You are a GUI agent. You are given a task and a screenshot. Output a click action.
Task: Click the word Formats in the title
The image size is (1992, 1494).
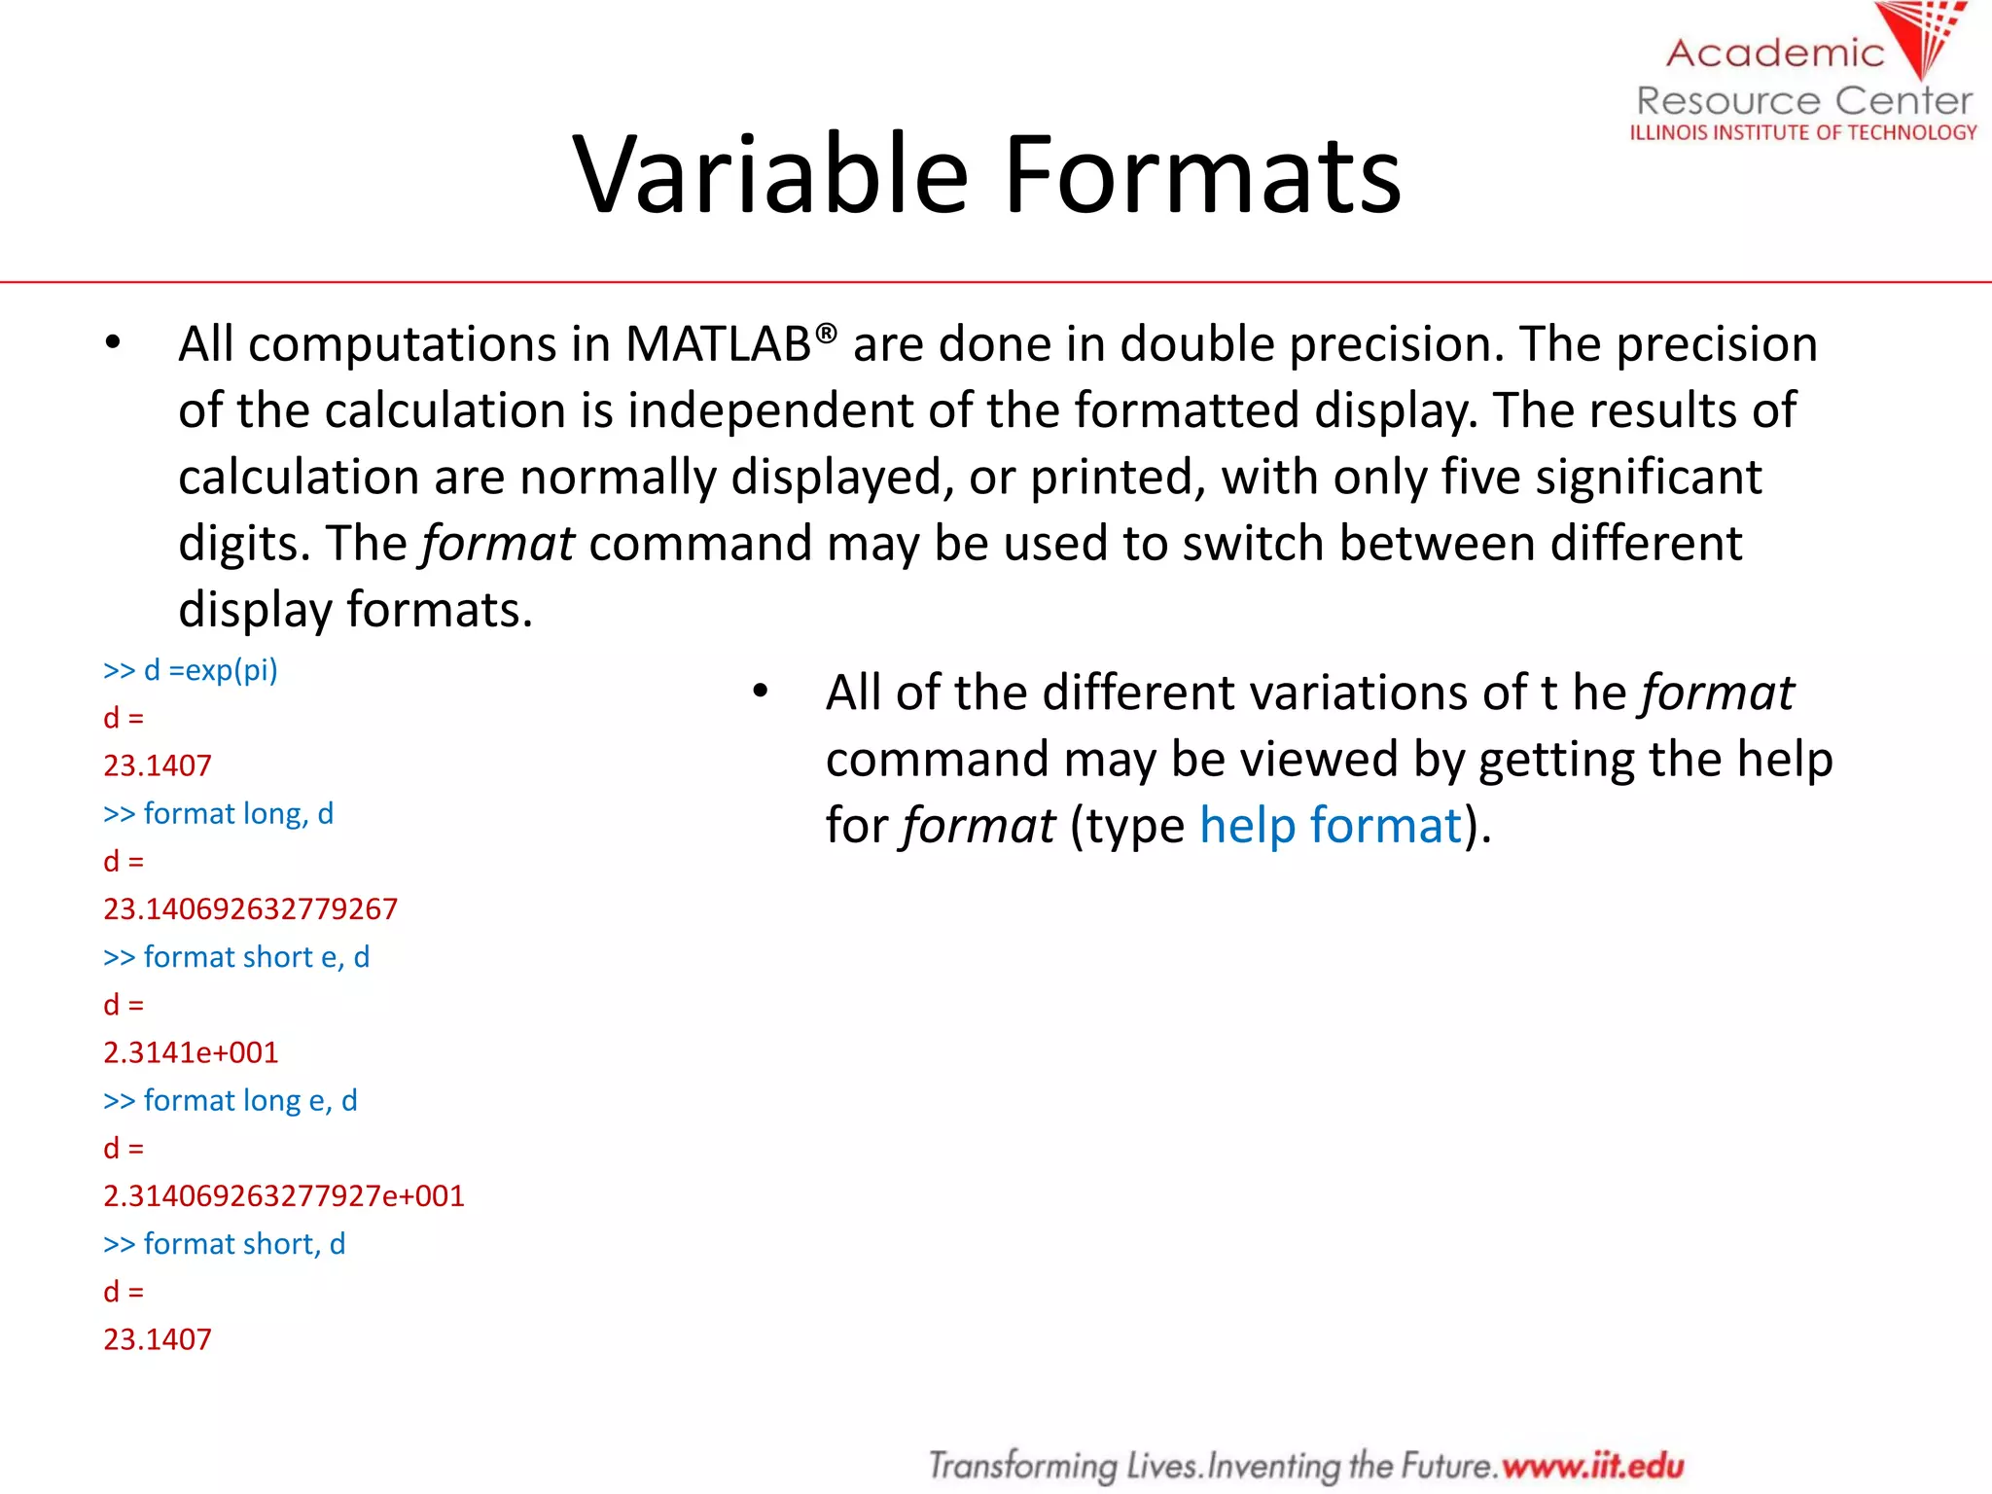[1202, 175]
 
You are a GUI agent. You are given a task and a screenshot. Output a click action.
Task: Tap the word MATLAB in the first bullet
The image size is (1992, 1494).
[718, 344]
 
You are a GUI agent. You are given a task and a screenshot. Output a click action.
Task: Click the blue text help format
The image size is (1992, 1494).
[1331, 826]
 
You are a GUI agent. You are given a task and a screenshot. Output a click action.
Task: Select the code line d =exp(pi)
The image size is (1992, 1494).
[191, 670]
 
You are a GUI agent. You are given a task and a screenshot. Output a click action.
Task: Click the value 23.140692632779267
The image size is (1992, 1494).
[251, 908]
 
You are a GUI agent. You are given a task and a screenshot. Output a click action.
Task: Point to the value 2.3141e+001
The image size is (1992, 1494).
[191, 1052]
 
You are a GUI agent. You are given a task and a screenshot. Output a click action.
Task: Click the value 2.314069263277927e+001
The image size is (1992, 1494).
[284, 1195]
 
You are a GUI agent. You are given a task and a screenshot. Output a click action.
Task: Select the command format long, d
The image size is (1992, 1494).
[219, 813]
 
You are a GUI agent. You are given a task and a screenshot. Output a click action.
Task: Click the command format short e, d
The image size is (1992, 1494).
[236, 957]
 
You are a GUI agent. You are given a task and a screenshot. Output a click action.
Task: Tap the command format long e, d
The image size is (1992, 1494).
[231, 1100]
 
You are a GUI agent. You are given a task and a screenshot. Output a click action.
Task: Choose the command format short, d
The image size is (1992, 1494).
[225, 1244]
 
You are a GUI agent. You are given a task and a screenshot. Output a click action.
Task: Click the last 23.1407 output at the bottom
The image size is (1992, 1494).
[158, 1339]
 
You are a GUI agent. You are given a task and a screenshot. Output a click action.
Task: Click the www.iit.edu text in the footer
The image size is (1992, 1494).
[1592, 1465]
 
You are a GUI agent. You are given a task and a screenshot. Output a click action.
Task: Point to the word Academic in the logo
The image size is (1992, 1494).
[1775, 53]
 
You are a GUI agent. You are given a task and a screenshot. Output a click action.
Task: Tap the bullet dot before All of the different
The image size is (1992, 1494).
[761, 692]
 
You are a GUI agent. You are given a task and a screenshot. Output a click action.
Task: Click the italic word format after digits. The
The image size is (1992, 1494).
[498, 543]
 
